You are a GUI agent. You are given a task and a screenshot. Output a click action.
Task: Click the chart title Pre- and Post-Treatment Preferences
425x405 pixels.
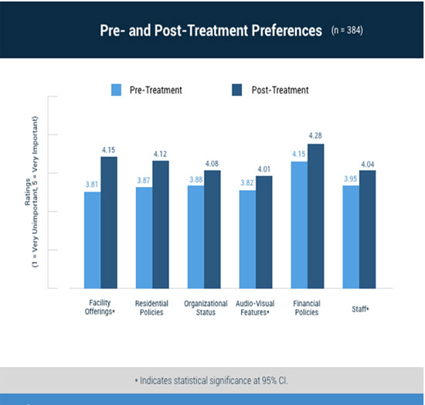point(211,30)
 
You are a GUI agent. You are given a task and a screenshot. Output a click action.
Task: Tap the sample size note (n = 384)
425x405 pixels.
point(347,30)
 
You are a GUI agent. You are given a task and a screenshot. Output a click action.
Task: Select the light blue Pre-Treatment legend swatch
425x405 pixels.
point(116,90)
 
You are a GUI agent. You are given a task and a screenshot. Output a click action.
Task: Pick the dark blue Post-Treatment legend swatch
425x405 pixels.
point(237,90)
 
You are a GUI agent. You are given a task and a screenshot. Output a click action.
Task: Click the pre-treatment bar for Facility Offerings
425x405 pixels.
point(93,240)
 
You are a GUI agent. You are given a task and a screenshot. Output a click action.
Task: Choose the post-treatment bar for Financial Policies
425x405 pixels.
point(316,216)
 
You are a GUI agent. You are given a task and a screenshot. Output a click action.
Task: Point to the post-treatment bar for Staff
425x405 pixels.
point(368,230)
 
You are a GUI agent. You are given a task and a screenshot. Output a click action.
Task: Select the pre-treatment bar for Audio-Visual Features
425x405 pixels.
point(247,240)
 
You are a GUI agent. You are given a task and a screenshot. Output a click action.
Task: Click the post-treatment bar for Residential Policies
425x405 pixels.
point(161,224)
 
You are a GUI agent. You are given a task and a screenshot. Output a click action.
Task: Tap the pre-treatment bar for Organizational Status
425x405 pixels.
point(196,237)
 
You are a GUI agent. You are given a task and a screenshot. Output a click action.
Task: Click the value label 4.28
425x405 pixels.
point(315,135)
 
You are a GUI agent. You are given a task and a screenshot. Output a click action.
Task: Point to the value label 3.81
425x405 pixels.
point(92,185)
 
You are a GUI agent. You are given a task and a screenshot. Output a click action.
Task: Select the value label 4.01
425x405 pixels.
point(263,169)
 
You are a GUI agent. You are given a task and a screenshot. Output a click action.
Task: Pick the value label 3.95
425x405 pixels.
point(351,179)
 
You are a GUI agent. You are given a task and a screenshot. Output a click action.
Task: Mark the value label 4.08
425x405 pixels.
point(212,163)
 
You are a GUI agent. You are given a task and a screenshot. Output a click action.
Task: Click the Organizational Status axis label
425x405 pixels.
point(206,308)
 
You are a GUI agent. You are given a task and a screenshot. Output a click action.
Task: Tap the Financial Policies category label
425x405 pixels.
point(307,308)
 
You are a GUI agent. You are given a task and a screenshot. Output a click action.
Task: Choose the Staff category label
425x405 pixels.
point(360,309)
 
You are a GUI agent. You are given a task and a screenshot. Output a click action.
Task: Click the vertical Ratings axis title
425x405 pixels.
point(32,192)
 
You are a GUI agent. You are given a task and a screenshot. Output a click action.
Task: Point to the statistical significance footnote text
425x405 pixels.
point(212,380)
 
